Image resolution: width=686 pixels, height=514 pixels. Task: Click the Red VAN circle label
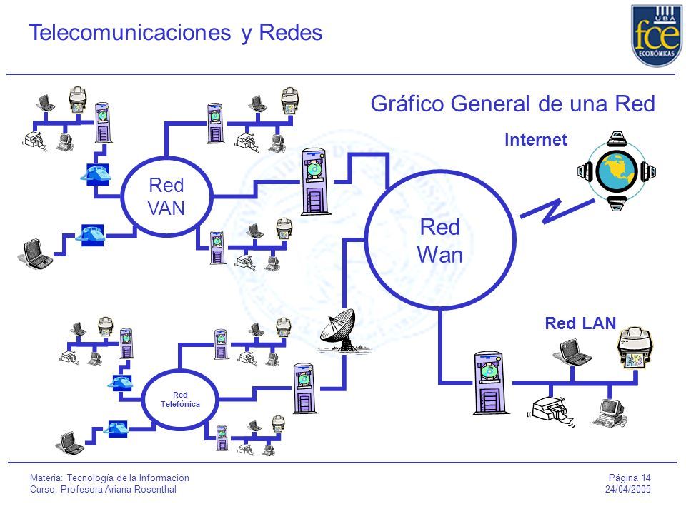166,196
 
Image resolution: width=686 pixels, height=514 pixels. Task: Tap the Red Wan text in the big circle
440,241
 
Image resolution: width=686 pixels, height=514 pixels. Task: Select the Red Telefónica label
180,400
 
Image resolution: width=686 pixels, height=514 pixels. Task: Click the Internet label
535,140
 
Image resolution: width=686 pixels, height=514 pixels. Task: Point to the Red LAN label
580,323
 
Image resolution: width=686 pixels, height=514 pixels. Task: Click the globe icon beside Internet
617,171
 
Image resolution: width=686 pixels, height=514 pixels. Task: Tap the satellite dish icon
342,331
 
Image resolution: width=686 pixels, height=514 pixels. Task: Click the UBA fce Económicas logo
657,36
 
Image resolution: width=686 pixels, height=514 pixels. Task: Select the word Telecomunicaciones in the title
130,32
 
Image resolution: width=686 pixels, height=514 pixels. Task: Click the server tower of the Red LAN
491,383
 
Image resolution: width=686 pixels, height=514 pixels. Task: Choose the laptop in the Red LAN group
573,352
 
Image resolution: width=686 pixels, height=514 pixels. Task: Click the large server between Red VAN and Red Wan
314,181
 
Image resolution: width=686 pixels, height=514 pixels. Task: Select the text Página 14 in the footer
630,478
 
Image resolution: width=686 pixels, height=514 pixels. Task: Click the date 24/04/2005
628,489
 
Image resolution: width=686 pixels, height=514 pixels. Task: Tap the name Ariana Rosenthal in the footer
139,490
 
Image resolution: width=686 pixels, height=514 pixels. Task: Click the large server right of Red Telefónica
304,388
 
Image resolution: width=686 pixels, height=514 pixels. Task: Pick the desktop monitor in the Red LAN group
610,412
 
